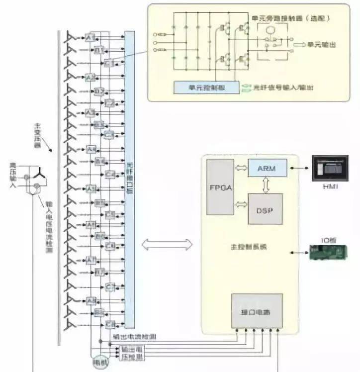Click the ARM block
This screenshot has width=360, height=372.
point(268,168)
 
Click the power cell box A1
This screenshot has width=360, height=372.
point(90,38)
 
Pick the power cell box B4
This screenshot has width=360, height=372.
point(99,162)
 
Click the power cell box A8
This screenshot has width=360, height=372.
point(90,300)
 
